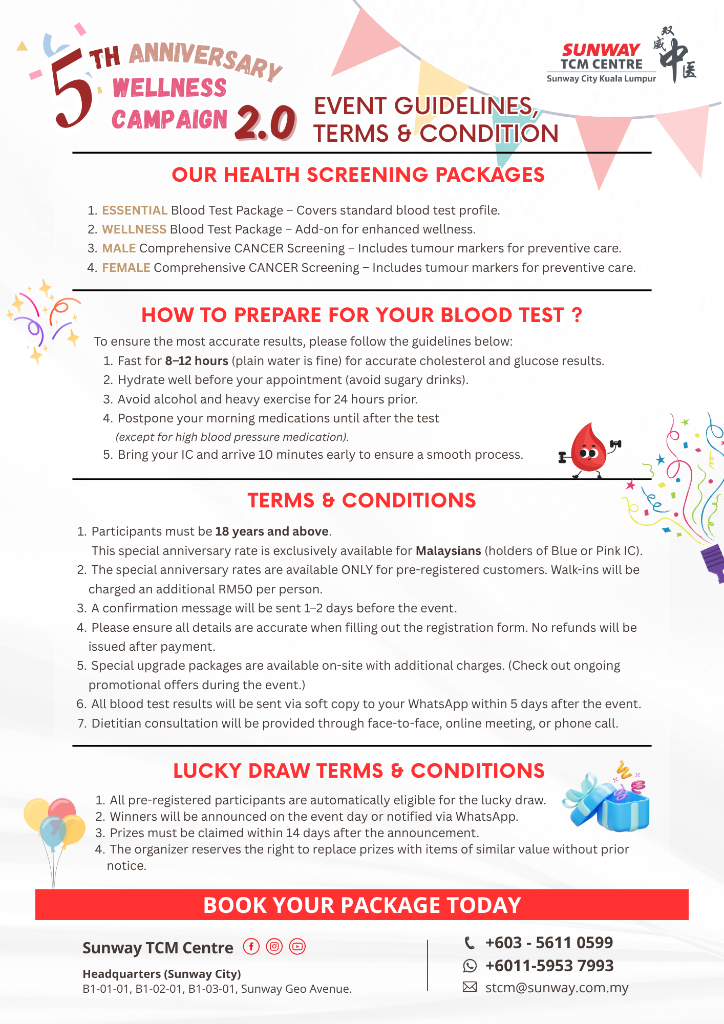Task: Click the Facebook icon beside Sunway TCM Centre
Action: [x=251, y=947]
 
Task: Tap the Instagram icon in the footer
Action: [x=274, y=947]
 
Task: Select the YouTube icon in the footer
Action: [x=297, y=947]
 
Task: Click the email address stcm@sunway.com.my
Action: [x=557, y=988]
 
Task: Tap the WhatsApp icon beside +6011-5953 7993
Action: [x=470, y=966]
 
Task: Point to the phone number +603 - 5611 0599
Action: [x=549, y=943]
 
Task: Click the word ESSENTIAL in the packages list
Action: [x=135, y=210]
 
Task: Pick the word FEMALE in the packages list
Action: [x=126, y=268]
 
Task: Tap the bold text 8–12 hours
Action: [x=196, y=361]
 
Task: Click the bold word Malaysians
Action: [x=448, y=551]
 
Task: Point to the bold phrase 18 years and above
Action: [x=271, y=531]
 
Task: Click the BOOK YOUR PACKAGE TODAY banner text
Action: [x=362, y=905]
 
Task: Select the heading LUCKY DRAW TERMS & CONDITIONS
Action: [x=358, y=771]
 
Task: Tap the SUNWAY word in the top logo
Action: [x=601, y=50]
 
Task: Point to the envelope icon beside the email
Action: [x=470, y=987]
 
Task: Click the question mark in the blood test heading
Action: [x=577, y=315]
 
